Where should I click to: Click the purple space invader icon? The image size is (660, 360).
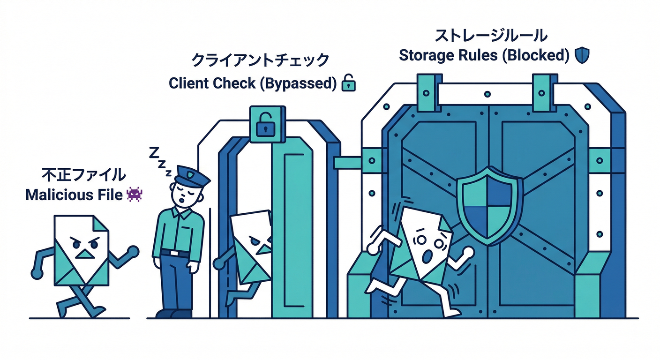(134, 194)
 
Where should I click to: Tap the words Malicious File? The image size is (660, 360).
(75, 195)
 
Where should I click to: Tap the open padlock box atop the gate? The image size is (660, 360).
(265, 124)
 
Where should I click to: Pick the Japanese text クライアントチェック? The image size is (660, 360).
(261, 61)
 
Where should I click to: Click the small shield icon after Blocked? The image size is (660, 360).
(582, 55)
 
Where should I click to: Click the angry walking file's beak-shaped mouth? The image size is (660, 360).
(84, 254)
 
